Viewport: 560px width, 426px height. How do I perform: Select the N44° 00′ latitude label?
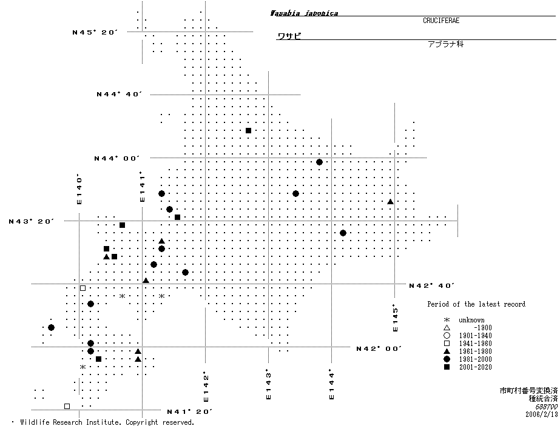[116, 158]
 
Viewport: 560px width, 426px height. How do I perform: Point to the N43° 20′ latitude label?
[32, 222]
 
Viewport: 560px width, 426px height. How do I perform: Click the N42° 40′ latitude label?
[431, 285]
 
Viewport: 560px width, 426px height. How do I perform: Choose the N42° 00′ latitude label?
[379, 348]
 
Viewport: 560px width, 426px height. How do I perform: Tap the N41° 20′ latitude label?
[189, 412]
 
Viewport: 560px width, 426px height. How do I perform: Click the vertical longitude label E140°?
[79, 190]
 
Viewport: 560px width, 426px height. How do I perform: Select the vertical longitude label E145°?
[396, 318]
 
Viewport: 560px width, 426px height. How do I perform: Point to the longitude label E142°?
[206, 387]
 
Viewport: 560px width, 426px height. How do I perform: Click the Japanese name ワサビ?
[289, 36]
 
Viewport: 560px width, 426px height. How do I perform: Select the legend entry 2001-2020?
[475, 367]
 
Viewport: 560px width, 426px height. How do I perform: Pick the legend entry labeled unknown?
[471, 320]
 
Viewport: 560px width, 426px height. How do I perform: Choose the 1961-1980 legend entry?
[475, 351]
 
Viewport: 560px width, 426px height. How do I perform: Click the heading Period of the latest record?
[476, 304]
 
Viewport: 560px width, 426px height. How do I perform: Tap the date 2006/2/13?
[541, 414]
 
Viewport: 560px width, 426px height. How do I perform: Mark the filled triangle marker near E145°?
[390, 202]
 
